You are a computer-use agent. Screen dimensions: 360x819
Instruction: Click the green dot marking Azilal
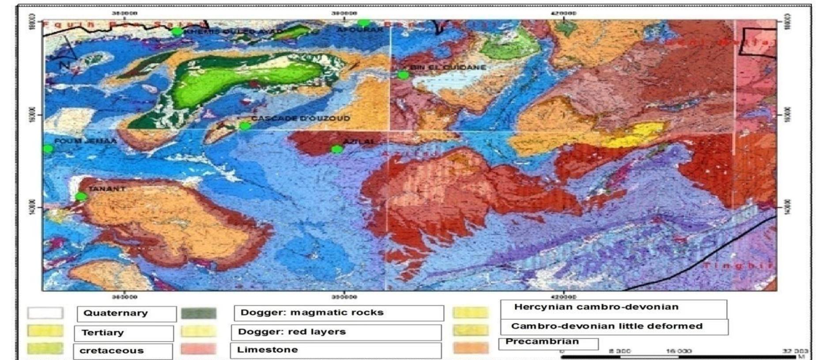coord(337,149)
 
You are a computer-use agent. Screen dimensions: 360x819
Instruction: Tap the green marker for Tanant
coord(81,197)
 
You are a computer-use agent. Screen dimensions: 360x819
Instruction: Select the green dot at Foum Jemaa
coord(48,149)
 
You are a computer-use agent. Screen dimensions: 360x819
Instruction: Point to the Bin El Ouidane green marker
coord(403,75)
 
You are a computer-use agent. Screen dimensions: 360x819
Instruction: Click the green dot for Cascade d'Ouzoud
coord(245,126)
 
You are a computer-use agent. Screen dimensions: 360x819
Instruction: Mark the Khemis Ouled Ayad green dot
coord(177,31)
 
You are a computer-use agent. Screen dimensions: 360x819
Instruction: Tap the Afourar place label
coord(360,30)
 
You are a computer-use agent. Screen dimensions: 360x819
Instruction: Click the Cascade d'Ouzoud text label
coord(300,118)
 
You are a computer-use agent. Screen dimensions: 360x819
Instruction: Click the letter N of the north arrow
coord(64,64)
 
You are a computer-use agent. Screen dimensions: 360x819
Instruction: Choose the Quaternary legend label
coord(115,313)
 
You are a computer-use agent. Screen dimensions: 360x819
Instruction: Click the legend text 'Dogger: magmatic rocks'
coord(312,313)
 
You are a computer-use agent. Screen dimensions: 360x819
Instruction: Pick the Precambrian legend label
coord(542,341)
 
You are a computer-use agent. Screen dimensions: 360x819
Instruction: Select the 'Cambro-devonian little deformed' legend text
coord(607,326)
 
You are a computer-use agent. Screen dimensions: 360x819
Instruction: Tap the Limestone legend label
coord(267,350)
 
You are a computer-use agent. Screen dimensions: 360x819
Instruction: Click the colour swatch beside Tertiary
coord(45,331)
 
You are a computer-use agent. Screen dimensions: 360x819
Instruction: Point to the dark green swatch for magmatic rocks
coord(199,314)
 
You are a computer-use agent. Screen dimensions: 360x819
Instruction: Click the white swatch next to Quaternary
coord(45,313)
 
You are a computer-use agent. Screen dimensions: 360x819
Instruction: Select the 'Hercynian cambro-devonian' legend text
coord(596,307)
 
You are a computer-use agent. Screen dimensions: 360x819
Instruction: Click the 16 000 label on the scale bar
coord(679,351)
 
